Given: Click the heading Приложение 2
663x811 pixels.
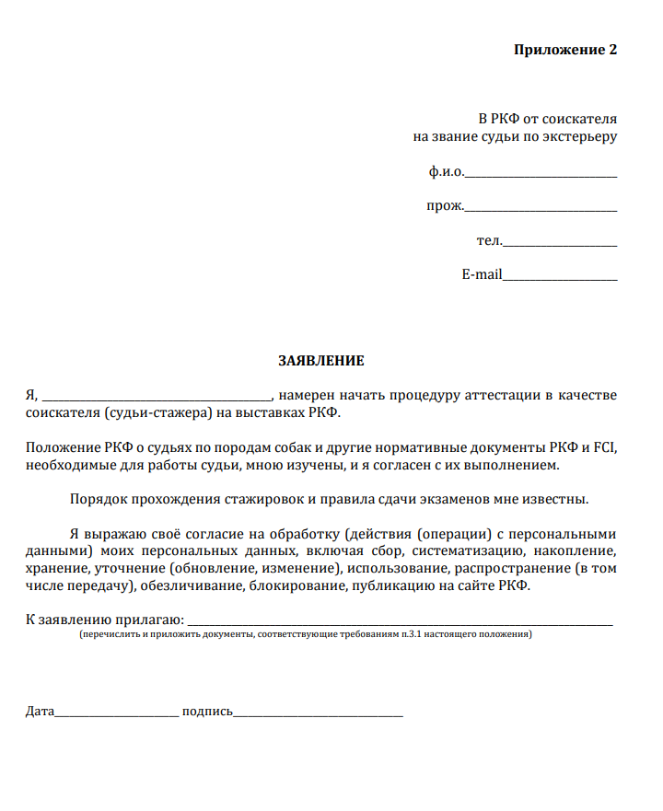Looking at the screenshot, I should (564, 50).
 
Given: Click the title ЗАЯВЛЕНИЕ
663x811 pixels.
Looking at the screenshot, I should (321, 361).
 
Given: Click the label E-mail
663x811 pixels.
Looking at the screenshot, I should (482, 274).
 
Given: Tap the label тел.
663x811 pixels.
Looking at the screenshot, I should (489, 240).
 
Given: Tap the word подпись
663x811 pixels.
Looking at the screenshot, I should (207, 712).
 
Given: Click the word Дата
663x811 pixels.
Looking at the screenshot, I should (41, 712).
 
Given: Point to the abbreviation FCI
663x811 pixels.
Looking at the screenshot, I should (605, 447).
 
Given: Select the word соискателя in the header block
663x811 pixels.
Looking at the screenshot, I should (579, 120).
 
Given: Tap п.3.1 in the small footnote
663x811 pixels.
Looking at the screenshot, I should (412, 634).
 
